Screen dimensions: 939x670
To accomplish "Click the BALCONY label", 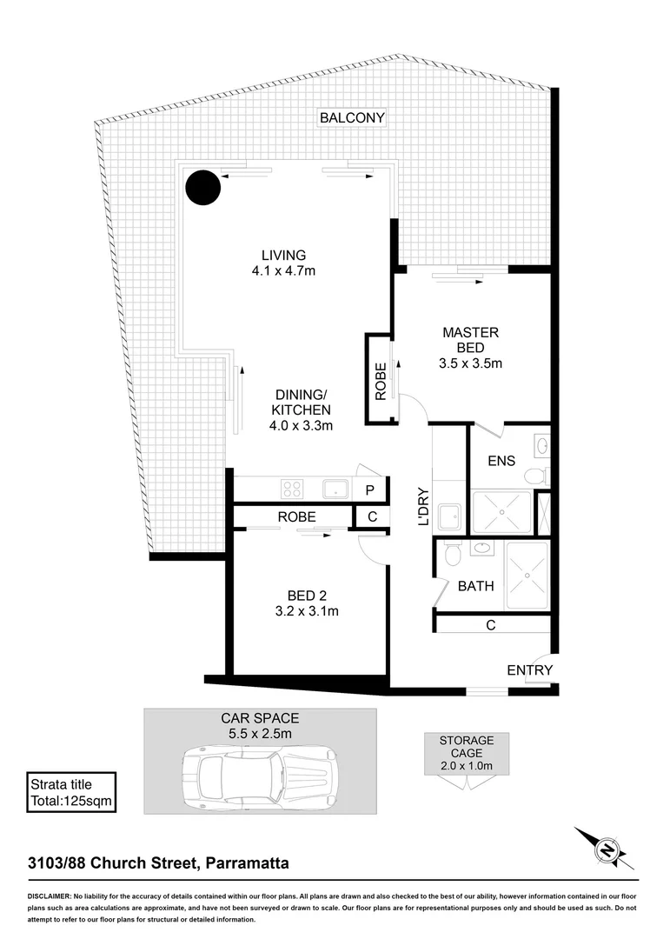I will click(x=352, y=117).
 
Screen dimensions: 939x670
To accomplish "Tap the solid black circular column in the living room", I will click(x=202, y=186).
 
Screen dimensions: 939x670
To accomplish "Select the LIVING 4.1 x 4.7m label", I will click(x=283, y=263).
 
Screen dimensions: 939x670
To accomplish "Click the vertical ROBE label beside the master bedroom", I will click(x=380, y=380).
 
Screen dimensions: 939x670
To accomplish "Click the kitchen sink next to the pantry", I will click(x=335, y=489).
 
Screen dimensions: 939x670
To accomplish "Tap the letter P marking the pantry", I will click(x=369, y=490).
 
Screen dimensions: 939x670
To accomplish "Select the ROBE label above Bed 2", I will click(x=296, y=516).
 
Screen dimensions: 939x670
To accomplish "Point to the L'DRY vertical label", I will click(x=424, y=505).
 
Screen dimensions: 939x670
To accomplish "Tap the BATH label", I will click(x=475, y=586).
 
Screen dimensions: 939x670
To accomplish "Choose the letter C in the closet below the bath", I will click(x=491, y=624).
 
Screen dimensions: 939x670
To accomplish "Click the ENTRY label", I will click(x=529, y=669).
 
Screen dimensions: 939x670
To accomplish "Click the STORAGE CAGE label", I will click(x=466, y=747).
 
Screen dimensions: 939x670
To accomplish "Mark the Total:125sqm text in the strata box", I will click(x=71, y=799).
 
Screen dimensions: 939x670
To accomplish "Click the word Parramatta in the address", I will click(x=248, y=863).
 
